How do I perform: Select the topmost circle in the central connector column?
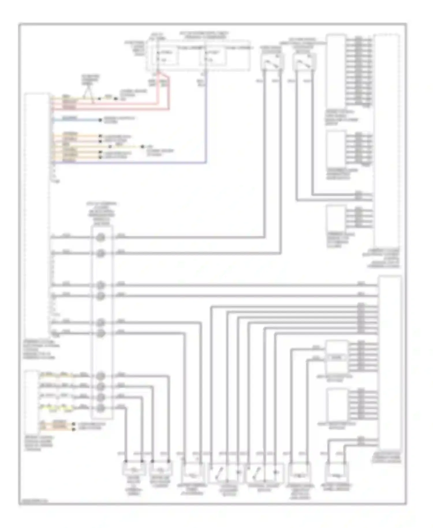[x=100, y=237]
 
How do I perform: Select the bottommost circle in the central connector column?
[x=100, y=408]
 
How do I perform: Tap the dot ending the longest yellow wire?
[x=142, y=147]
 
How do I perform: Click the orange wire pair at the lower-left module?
[x=59, y=425]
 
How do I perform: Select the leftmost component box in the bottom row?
[x=134, y=468]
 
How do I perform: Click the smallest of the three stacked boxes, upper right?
[x=336, y=218]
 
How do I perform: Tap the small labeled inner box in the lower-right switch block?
[x=336, y=358]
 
